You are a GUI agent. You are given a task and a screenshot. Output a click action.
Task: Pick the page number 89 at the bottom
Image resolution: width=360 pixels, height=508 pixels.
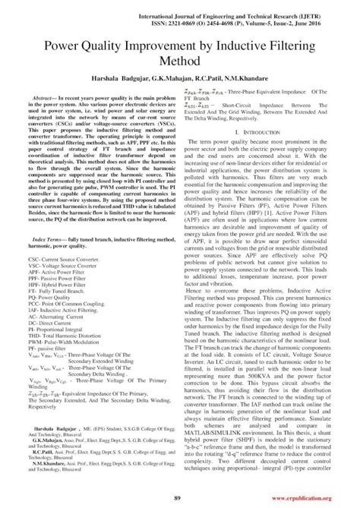coord(181,497)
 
